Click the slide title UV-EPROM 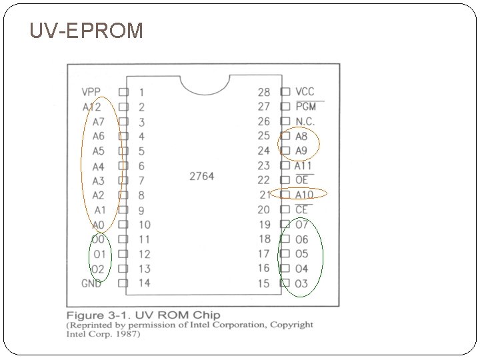coord(86,30)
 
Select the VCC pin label coord(305,91)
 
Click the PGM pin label coord(305,106)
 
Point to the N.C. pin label coord(305,121)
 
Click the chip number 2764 coord(202,176)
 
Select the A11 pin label coord(304,165)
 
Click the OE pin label coord(302,180)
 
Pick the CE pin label coord(302,210)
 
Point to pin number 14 coord(144,283)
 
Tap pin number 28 coord(264,92)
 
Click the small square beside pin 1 coord(123,92)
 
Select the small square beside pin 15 coord(285,283)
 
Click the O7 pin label coord(302,225)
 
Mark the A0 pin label coord(98,225)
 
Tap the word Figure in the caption coord(85,315)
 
